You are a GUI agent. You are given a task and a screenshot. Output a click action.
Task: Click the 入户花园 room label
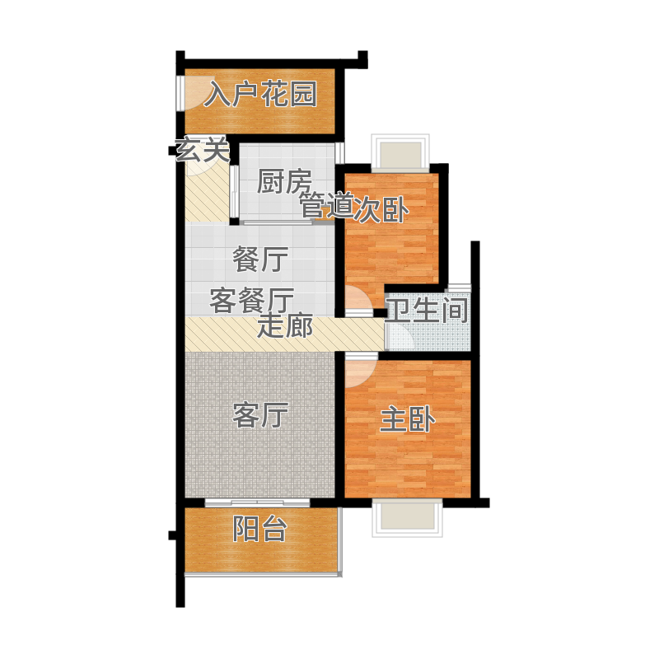click(x=260, y=94)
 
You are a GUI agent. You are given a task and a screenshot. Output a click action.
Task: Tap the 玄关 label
click(x=203, y=149)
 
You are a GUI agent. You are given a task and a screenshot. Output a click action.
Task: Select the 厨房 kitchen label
click(x=284, y=181)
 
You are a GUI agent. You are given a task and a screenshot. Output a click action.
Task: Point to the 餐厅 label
click(x=260, y=259)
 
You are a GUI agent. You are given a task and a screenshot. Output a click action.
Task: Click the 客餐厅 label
click(x=252, y=301)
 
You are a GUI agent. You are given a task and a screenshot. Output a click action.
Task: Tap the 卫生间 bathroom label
click(x=427, y=311)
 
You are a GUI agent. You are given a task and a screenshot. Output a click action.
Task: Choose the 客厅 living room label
click(x=260, y=415)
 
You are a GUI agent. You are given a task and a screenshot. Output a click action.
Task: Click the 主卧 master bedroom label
click(x=407, y=419)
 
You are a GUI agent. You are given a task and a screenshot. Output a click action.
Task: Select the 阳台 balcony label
click(x=260, y=528)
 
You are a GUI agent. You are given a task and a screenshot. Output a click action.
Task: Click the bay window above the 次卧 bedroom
click(x=400, y=153)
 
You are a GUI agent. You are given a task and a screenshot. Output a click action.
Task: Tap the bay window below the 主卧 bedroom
click(x=407, y=518)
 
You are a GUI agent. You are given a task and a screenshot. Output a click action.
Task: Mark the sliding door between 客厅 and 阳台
click(x=257, y=502)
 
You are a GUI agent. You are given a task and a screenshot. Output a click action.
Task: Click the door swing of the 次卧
click(x=358, y=301)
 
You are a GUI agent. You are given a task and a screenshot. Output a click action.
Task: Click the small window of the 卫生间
click(x=458, y=287)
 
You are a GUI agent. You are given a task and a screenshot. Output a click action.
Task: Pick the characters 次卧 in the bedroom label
click(x=381, y=209)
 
